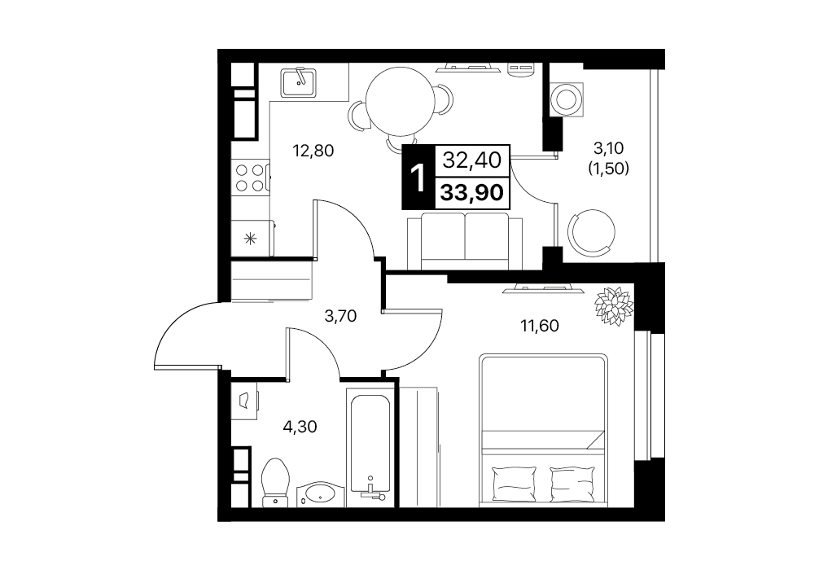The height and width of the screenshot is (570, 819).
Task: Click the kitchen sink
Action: (x=298, y=82)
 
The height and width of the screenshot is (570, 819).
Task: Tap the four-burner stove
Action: (x=250, y=178)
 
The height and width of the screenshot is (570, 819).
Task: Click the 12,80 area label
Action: (x=313, y=151)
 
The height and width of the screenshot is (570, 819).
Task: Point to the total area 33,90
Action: (x=472, y=193)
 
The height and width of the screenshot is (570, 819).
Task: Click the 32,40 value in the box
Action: (x=472, y=160)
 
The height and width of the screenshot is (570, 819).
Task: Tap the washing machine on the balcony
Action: (x=566, y=98)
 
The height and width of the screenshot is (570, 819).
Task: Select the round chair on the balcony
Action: (x=591, y=231)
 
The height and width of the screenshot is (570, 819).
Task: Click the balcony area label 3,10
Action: (x=608, y=148)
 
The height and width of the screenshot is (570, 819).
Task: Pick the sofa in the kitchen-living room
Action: (x=465, y=241)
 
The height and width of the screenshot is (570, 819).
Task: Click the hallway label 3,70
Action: (x=340, y=316)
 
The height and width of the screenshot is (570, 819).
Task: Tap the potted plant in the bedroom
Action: (x=614, y=305)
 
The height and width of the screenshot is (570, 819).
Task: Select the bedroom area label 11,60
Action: (x=540, y=326)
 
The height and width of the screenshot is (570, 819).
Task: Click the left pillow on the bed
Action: (x=515, y=484)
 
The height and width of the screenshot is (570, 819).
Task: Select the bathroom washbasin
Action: (x=321, y=493)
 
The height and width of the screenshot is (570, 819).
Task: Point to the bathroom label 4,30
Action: (x=300, y=427)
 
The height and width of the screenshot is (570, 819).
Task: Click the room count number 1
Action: (x=418, y=178)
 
